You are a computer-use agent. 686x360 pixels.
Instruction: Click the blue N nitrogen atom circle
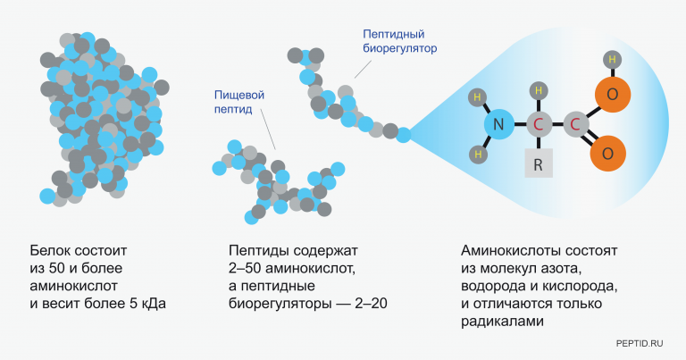pos(498,125)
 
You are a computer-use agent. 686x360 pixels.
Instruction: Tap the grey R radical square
pos(538,166)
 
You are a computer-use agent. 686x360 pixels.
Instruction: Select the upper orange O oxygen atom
pos(612,94)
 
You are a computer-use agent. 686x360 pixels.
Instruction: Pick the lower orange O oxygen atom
pos(607,153)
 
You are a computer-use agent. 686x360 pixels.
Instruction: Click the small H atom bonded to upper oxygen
pos(612,61)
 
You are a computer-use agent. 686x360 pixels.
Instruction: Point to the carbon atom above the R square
pos(538,125)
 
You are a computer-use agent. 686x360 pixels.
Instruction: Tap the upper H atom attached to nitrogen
pos(478,97)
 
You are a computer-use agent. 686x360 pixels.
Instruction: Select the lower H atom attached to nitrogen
pos(478,154)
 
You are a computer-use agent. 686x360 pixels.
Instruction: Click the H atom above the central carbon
pos(538,89)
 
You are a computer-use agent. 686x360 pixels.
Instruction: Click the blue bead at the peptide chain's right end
pos(404,135)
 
